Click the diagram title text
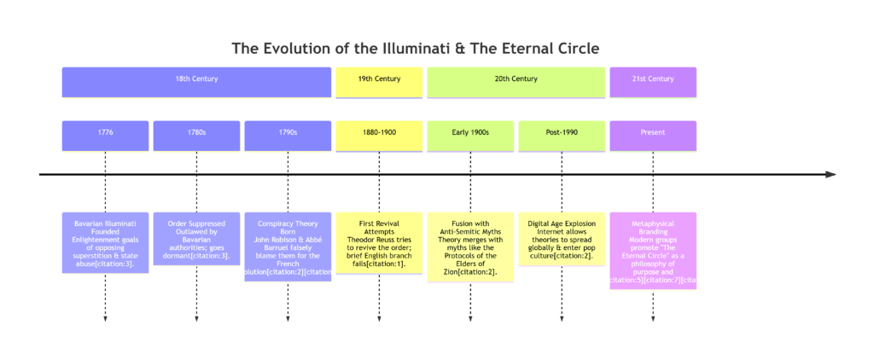[x=416, y=48]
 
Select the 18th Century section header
[x=196, y=79]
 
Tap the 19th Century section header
[x=379, y=79]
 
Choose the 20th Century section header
[x=516, y=79]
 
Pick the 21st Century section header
[x=653, y=79]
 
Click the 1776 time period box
[x=105, y=133]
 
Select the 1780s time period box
[x=196, y=133]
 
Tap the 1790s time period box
[x=288, y=133]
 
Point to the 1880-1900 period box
[x=379, y=133]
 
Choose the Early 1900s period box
[x=470, y=133]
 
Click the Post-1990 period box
[x=562, y=133]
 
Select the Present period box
[x=653, y=133]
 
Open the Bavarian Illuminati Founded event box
[x=105, y=243]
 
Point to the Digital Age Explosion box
[x=562, y=238]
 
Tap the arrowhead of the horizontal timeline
[x=830, y=174]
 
